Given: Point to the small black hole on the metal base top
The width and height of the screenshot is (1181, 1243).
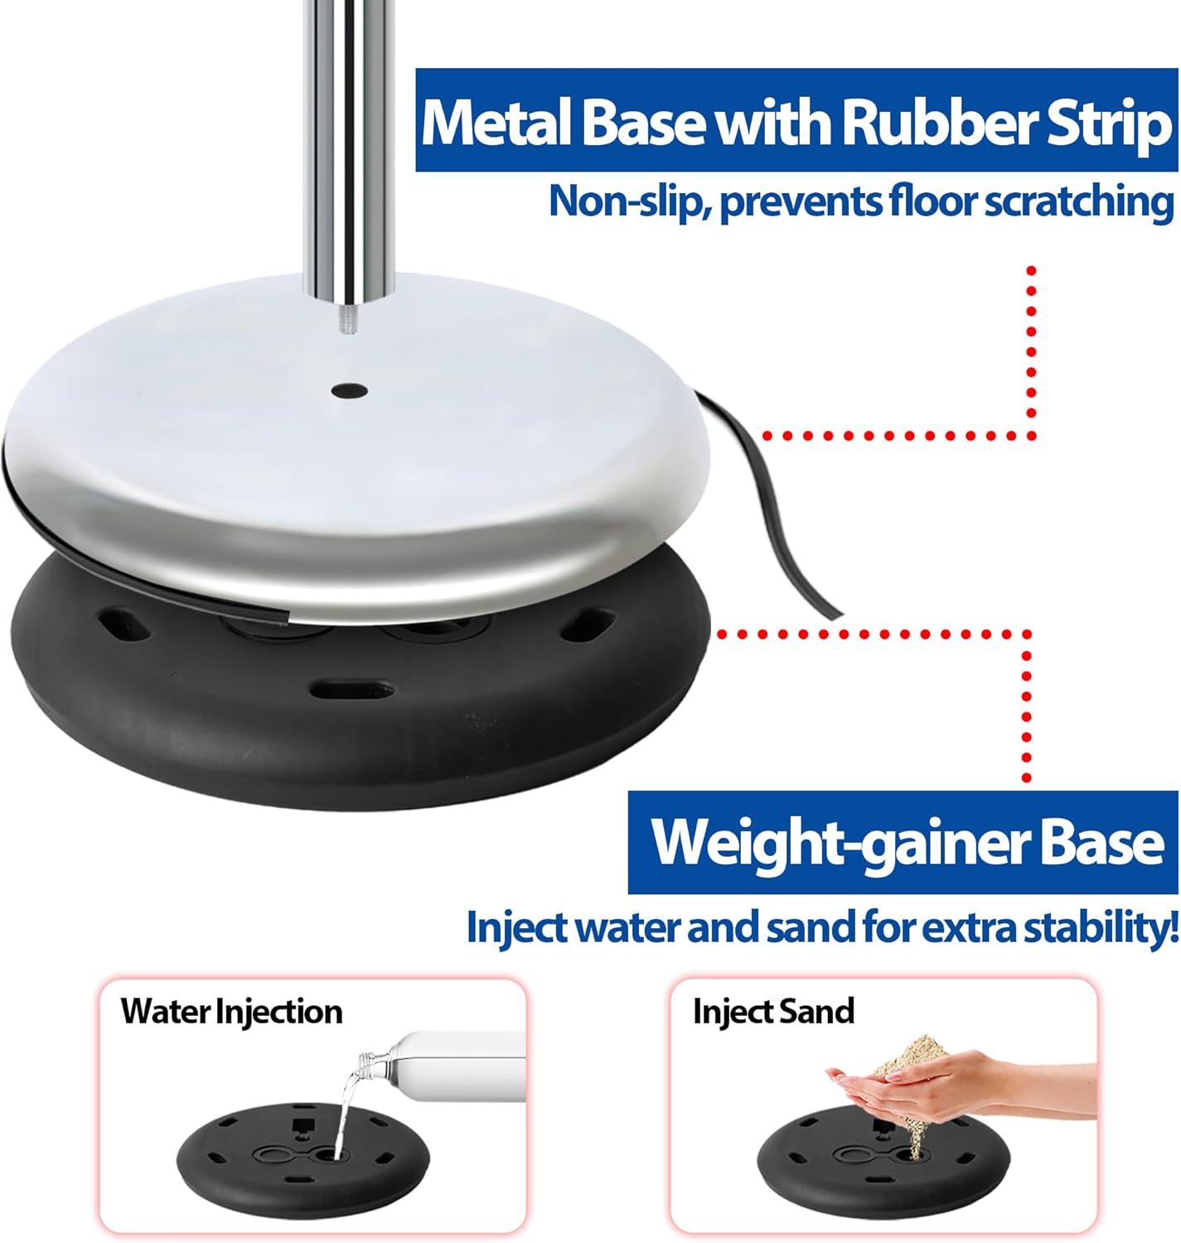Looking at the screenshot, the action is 350,390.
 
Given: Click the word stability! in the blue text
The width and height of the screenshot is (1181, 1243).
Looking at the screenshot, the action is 1102,927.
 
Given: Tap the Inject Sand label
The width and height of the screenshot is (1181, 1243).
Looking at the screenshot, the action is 773,1010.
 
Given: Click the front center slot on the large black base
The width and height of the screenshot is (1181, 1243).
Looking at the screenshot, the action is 351,689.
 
